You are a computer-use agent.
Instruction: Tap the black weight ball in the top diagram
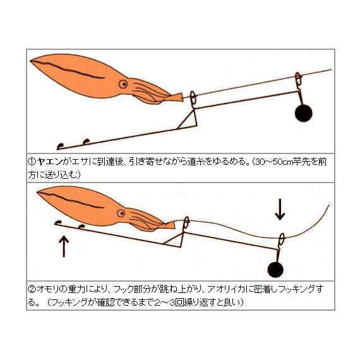304,112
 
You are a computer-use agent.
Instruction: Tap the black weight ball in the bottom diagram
275,268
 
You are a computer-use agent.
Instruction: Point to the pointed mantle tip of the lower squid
37,191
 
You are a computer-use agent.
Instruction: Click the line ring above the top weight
298,80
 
